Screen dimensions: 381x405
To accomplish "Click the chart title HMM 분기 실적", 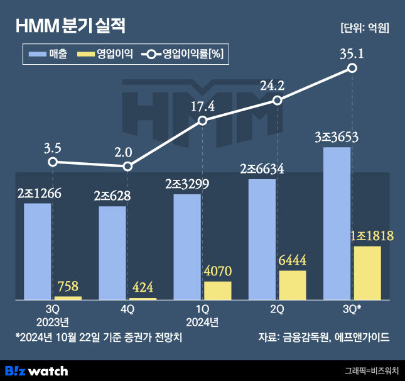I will tap(71, 26).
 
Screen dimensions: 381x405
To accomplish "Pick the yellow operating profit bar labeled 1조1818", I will tap(367, 273).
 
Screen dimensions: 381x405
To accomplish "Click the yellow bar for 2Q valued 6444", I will tap(293, 285).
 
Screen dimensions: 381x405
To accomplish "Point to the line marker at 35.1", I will tap(352, 68).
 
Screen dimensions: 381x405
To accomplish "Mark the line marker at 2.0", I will tap(127, 167).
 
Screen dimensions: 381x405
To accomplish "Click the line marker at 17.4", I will tap(202, 121).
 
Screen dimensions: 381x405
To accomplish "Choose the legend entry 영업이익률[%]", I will tap(183, 55).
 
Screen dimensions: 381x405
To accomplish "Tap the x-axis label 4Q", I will tap(127, 309).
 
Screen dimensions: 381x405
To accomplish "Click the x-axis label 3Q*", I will tap(352, 309).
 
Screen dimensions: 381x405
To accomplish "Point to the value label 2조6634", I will tap(262, 169).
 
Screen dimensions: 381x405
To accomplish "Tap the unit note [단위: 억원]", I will tap(364, 28).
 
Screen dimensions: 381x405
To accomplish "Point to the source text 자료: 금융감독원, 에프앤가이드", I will tap(324, 337).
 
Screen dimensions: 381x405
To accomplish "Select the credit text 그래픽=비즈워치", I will tap(372, 371).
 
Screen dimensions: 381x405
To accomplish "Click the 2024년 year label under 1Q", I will tap(202, 323).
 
